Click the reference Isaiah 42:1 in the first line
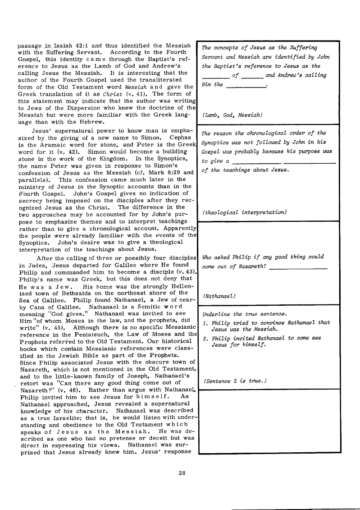(x=82, y=46)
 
